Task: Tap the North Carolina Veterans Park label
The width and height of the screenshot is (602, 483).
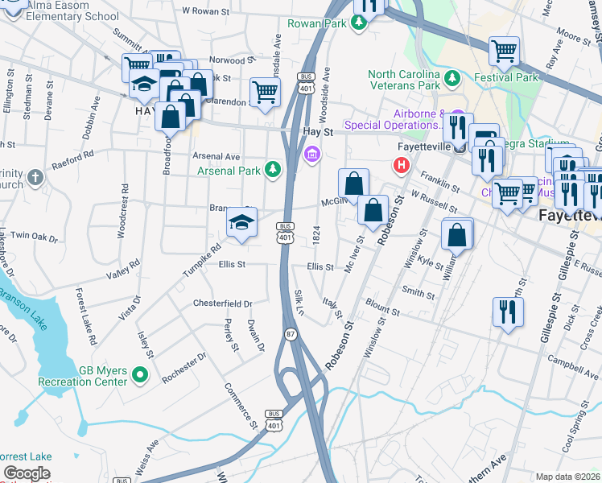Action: (405, 80)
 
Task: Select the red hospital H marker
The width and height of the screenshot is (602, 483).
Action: (401, 167)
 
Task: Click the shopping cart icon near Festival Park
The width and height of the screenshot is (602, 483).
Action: (504, 52)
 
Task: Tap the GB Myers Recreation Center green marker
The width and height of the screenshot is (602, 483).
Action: (139, 374)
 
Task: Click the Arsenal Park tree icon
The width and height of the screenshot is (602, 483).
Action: (273, 170)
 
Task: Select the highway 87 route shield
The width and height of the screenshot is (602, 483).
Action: (290, 332)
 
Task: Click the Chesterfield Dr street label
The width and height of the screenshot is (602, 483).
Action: (222, 303)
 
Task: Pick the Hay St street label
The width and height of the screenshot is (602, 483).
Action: (317, 131)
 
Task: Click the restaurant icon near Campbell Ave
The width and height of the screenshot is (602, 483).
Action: (507, 312)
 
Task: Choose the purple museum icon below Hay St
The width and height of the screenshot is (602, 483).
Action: (311, 154)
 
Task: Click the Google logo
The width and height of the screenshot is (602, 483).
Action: (27, 473)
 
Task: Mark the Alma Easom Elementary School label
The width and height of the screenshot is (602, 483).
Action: (60, 10)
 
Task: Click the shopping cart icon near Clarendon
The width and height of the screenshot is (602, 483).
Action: (265, 92)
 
